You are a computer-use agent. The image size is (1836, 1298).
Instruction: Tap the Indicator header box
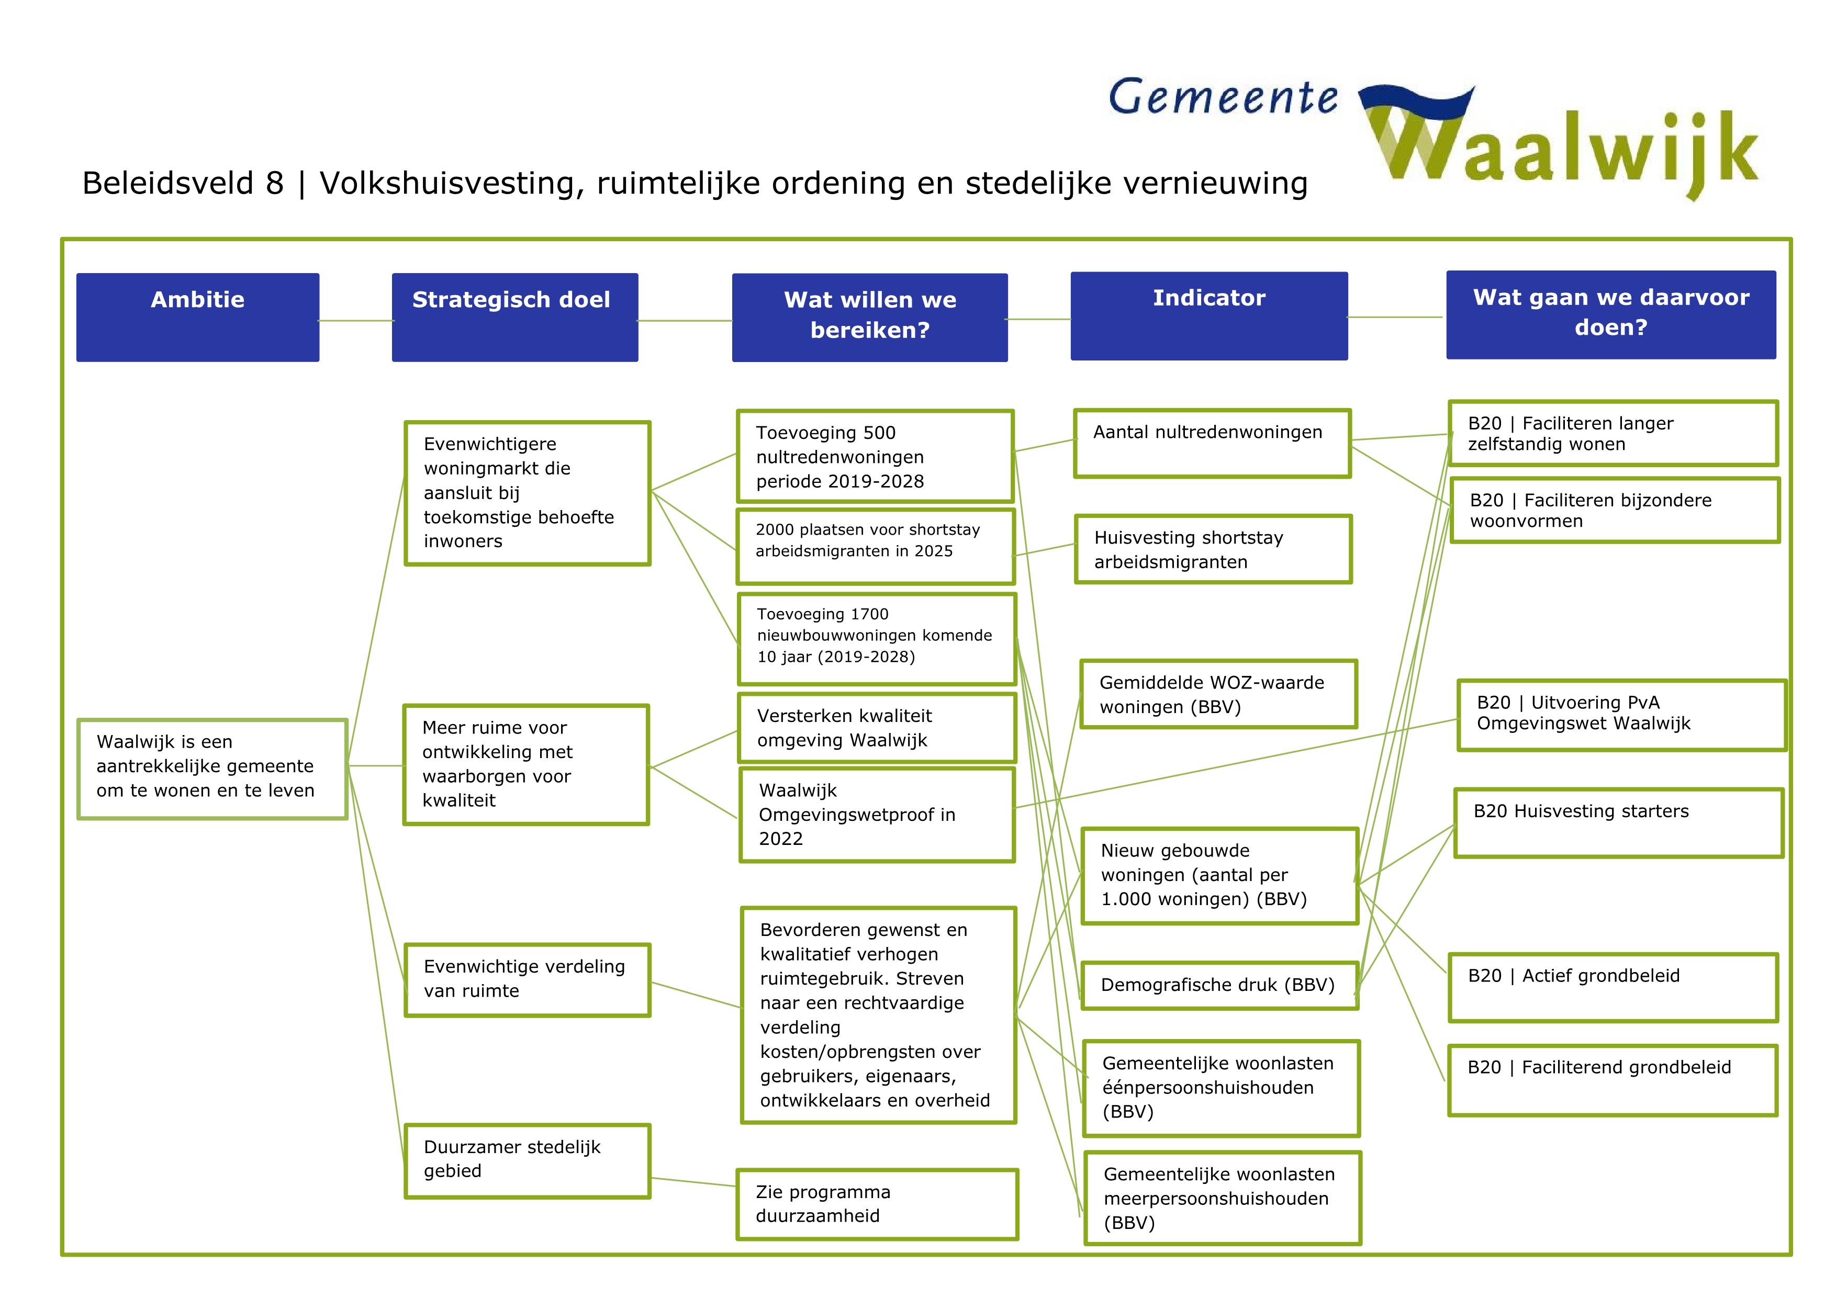(1208, 315)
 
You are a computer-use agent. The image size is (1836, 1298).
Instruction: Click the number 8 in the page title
(274, 184)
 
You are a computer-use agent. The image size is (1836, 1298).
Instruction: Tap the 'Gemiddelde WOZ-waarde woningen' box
(1218, 694)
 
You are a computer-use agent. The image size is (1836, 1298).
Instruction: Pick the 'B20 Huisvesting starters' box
(1618, 822)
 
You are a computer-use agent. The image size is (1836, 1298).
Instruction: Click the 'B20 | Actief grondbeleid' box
(1612, 987)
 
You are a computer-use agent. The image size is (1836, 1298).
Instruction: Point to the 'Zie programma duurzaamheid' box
(877, 1204)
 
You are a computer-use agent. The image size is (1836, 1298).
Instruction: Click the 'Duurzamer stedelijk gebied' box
(527, 1160)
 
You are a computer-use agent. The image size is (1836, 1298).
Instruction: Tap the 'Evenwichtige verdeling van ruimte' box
(527, 979)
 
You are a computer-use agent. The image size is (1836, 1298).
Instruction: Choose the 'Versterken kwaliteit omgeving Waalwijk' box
(877, 727)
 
